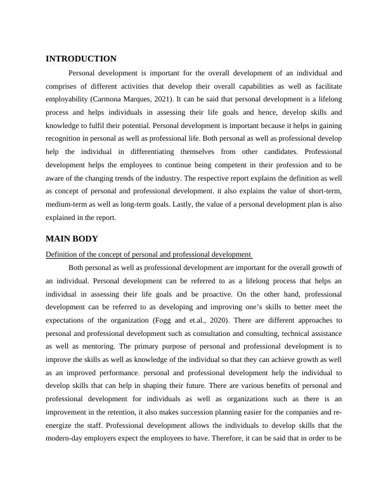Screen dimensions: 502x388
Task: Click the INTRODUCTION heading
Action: coord(81,59)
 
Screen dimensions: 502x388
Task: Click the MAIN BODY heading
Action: coord(72,239)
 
